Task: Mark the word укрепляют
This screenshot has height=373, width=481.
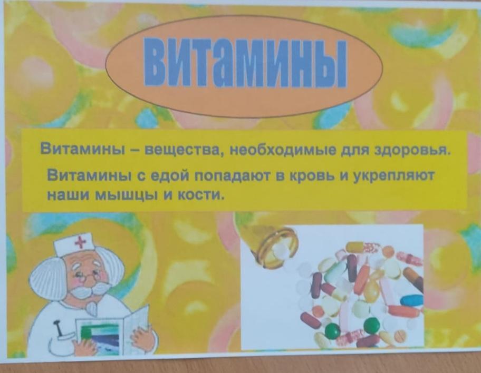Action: pyautogui.click(x=394, y=177)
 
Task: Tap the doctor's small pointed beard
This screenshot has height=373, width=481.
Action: pyautogui.click(x=91, y=308)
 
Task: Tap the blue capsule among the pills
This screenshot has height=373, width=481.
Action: pyautogui.click(x=412, y=300)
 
